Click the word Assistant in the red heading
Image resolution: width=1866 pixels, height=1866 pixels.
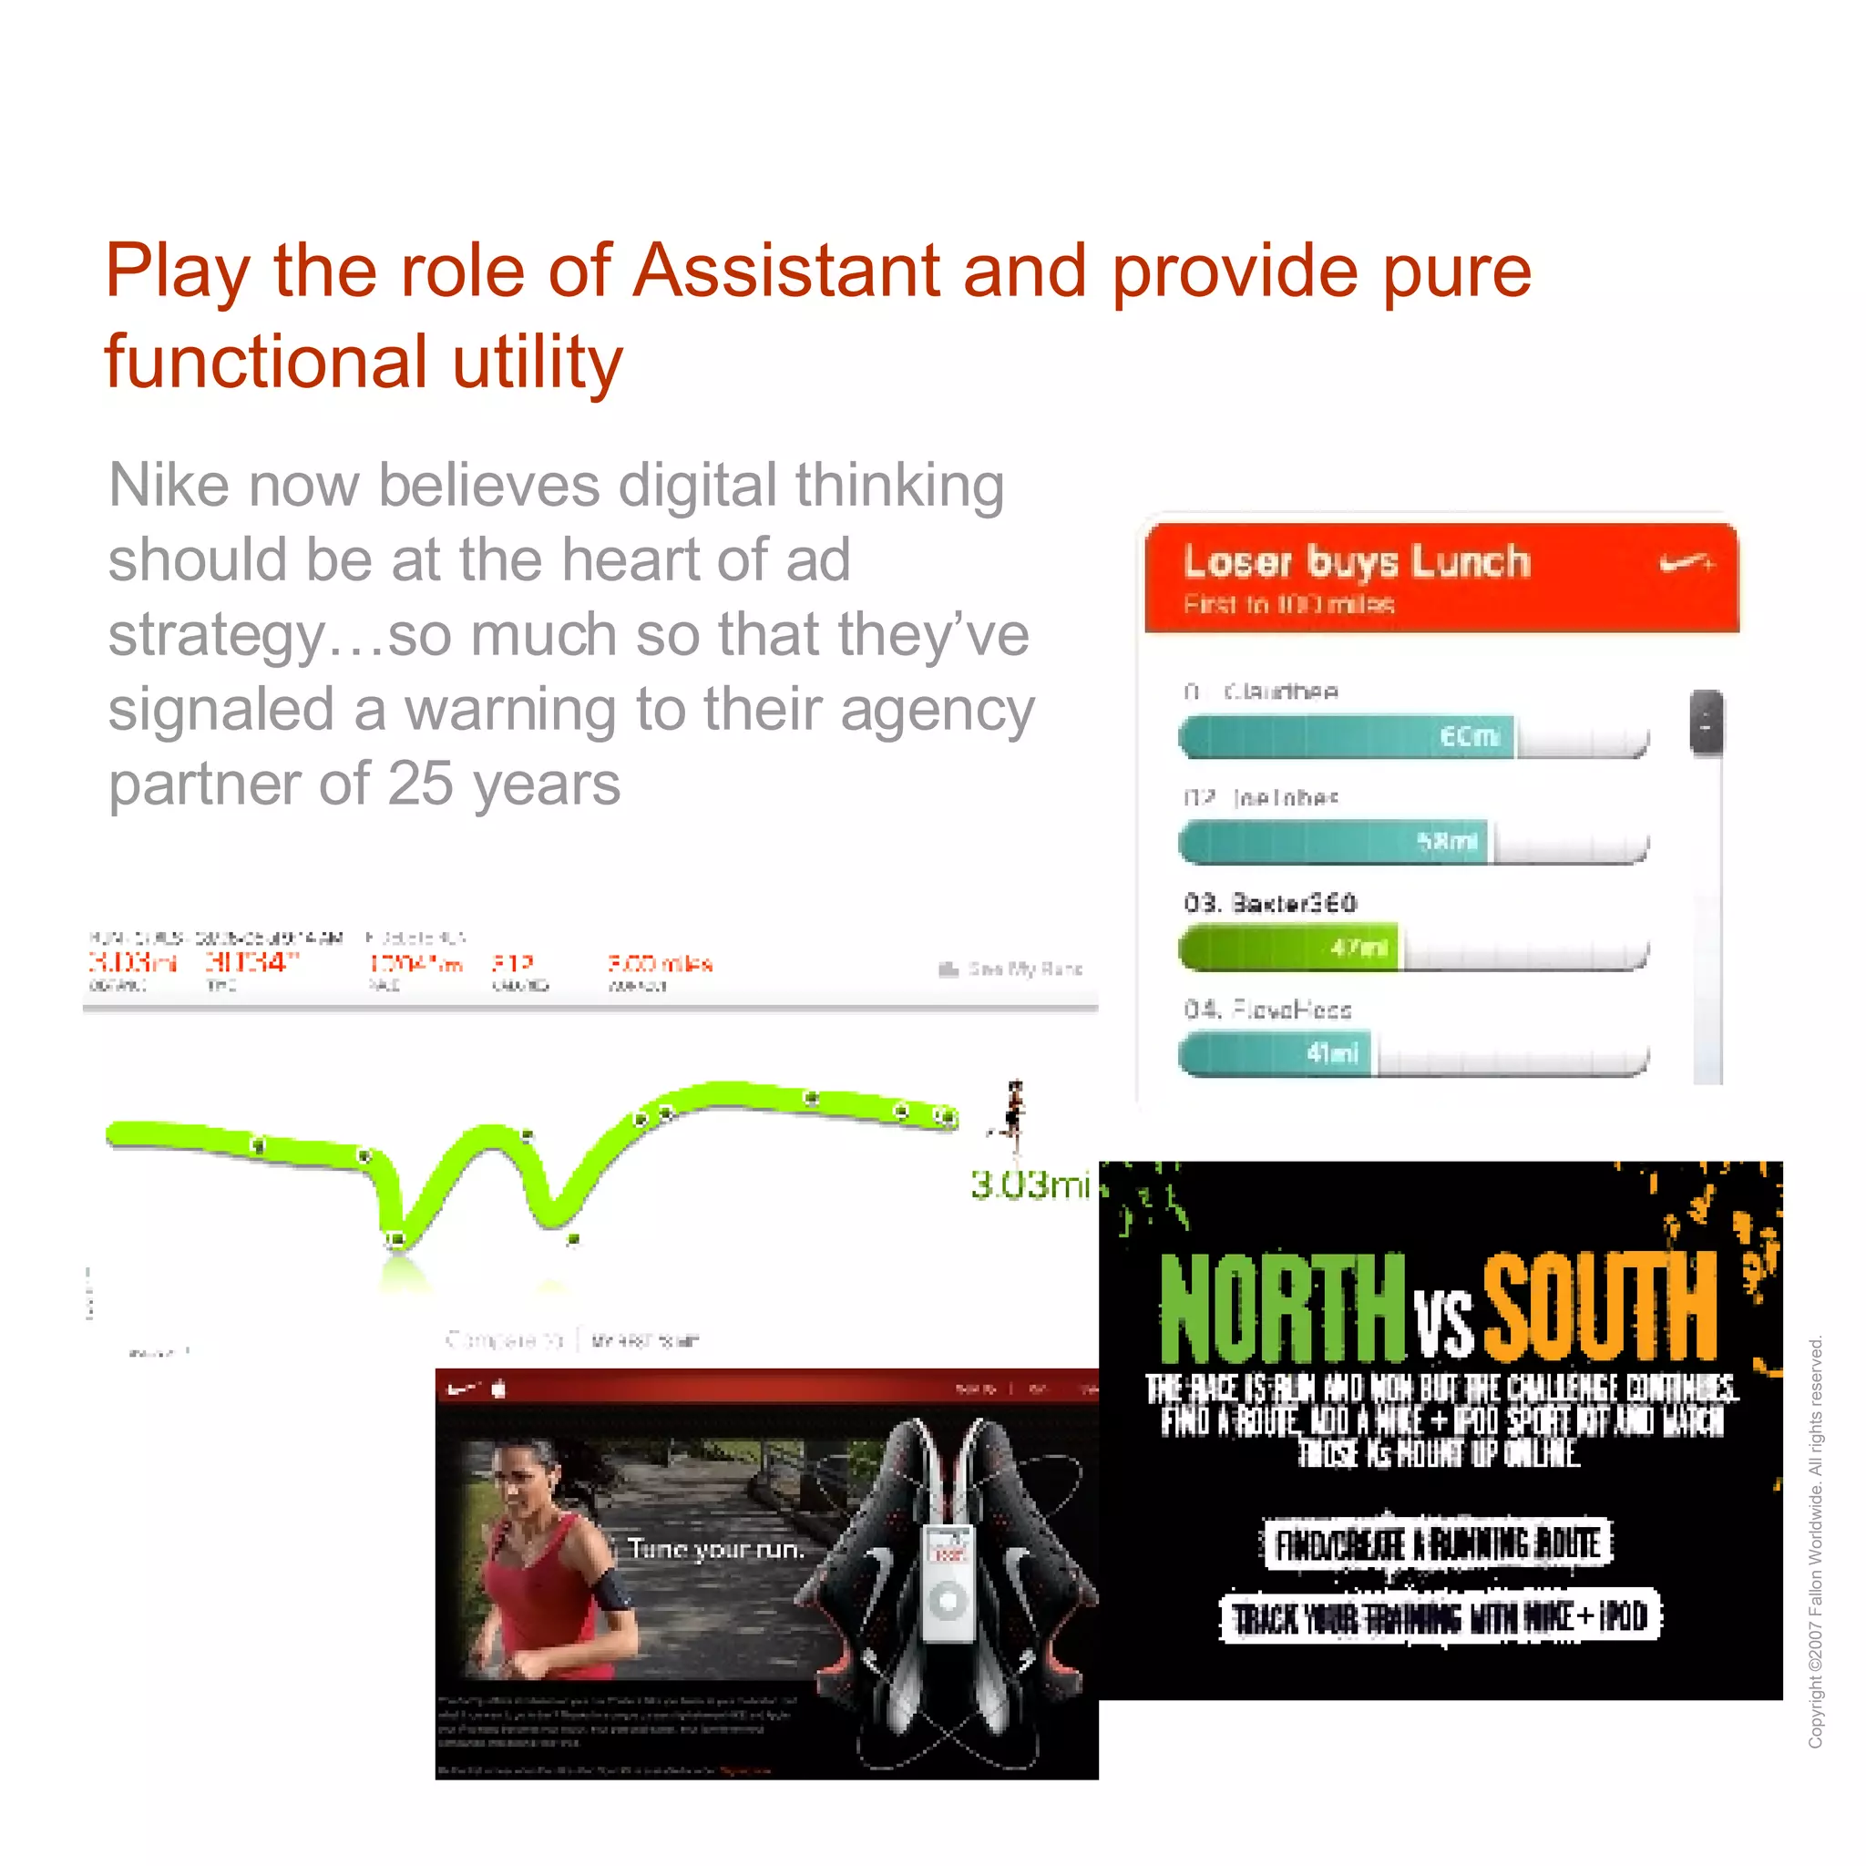tap(786, 271)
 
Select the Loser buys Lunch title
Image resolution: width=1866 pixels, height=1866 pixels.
tap(1357, 561)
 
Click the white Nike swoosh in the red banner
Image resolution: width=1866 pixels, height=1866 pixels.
tap(1687, 562)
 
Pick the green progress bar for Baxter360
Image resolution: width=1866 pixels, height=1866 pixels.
tap(1287, 948)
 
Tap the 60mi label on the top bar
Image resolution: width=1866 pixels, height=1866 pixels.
tap(1470, 737)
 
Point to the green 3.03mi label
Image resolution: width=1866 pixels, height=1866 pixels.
tap(1030, 1184)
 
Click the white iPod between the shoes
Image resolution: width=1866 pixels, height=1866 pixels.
tap(948, 1583)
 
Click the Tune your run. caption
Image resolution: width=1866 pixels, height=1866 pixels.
tap(715, 1549)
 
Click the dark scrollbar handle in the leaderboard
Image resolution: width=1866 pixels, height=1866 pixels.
tap(1707, 722)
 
